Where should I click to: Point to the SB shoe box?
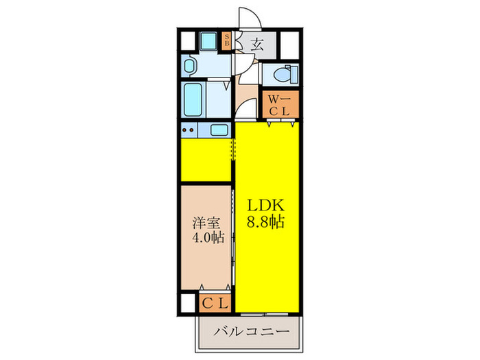tap(228, 42)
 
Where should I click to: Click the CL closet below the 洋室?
tap(215, 302)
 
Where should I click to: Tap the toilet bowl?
tap(281, 74)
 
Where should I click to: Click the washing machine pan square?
tap(207, 42)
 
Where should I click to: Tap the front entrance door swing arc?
tap(244, 21)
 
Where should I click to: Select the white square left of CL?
tap(189, 302)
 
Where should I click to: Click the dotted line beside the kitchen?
tap(232, 148)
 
